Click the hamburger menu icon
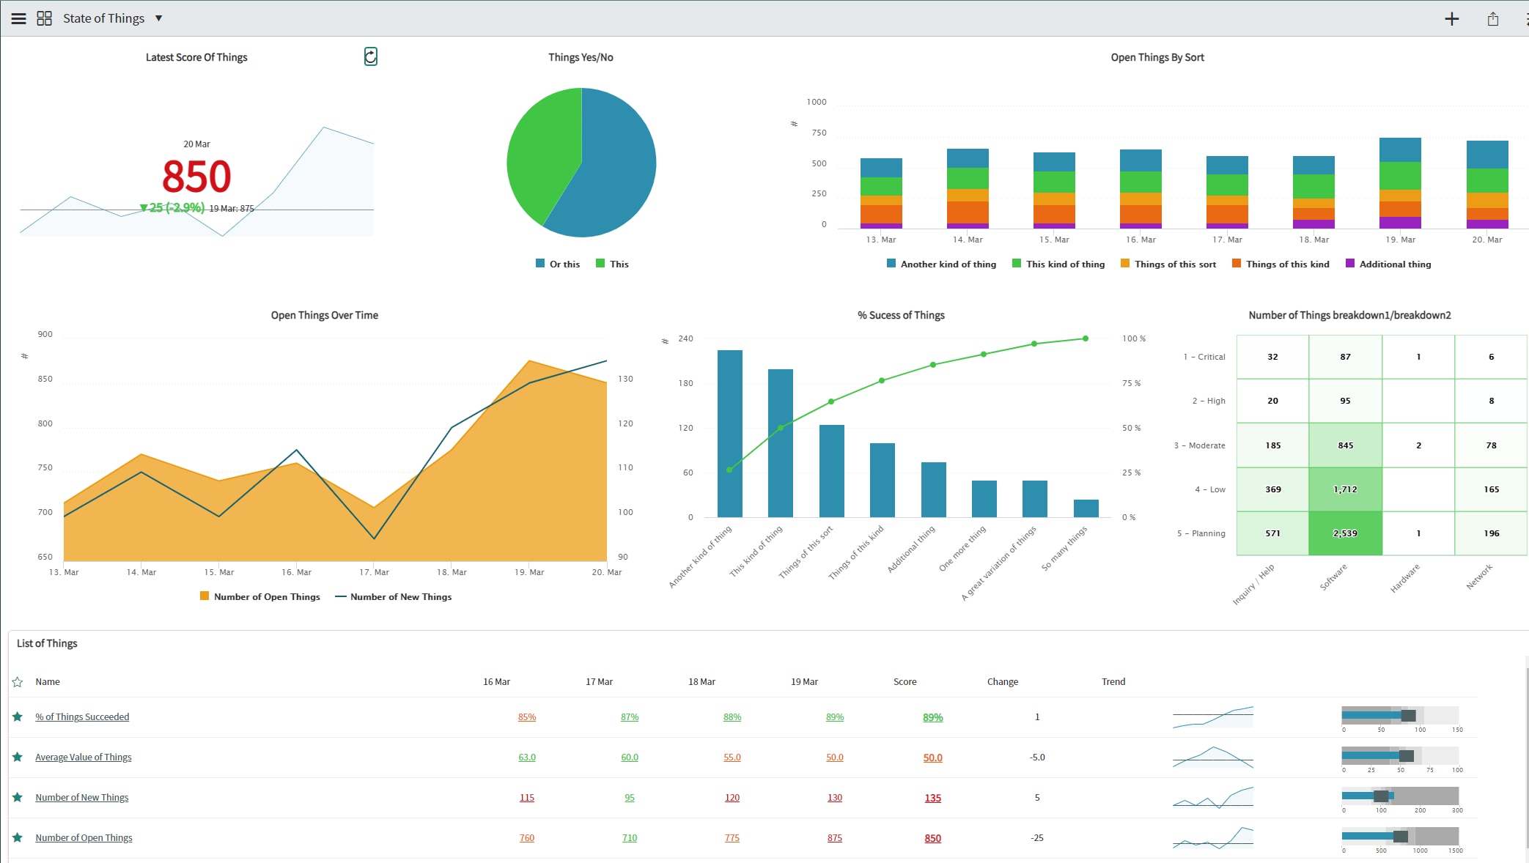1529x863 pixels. [x=18, y=19]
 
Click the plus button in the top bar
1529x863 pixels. [x=1451, y=19]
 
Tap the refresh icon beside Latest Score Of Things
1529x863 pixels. [x=371, y=56]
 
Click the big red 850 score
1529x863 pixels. [x=196, y=177]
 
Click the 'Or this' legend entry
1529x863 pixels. [x=558, y=264]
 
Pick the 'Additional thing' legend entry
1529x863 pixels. [x=1388, y=264]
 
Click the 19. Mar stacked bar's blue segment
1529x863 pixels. [x=1399, y=149]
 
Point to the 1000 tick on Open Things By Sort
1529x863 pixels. [x=816, y=102]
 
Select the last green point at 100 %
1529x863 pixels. [x=1085, y=338]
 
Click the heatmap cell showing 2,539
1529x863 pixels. [x=1344, y=533]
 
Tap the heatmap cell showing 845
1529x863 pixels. [x=1344, y=445]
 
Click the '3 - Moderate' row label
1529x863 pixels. [x=1199, y=445]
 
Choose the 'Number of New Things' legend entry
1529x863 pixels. [x=394, y=597]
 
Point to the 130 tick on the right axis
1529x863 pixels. [x=625, y=379]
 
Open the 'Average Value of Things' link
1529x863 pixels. [x=84, y=758]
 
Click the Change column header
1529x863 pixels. [x=1002, y=682]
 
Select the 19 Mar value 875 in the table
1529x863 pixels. [x=834, y=838]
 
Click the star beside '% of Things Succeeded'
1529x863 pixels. [x=18, y=716]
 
